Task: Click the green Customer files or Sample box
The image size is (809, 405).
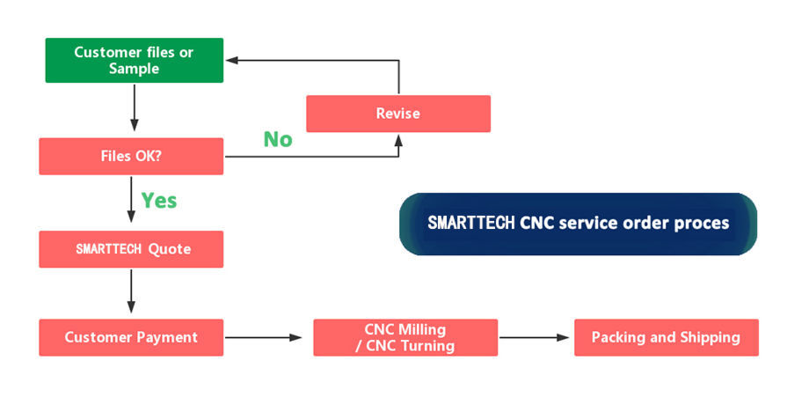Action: (134, 60)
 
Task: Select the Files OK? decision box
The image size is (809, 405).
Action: (131, 157)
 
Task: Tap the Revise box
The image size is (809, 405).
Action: (397, 114)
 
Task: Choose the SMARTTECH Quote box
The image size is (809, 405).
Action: (131, 249)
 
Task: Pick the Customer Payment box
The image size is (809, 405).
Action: (131, 337)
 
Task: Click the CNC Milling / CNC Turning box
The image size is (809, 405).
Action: (404, 337)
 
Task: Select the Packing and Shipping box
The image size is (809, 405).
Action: (666, 337)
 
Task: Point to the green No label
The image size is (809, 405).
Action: (278, 139)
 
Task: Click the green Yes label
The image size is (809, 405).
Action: (159, 201)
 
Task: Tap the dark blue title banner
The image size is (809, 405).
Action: (578, 224)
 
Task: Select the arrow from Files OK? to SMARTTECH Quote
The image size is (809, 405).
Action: (131, 201)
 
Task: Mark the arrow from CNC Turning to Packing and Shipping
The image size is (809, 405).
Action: (535, 337)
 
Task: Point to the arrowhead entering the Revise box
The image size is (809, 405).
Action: (399, 140)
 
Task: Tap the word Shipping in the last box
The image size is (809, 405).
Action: (709, 337)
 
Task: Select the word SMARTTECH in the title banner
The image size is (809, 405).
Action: (471, 223)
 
